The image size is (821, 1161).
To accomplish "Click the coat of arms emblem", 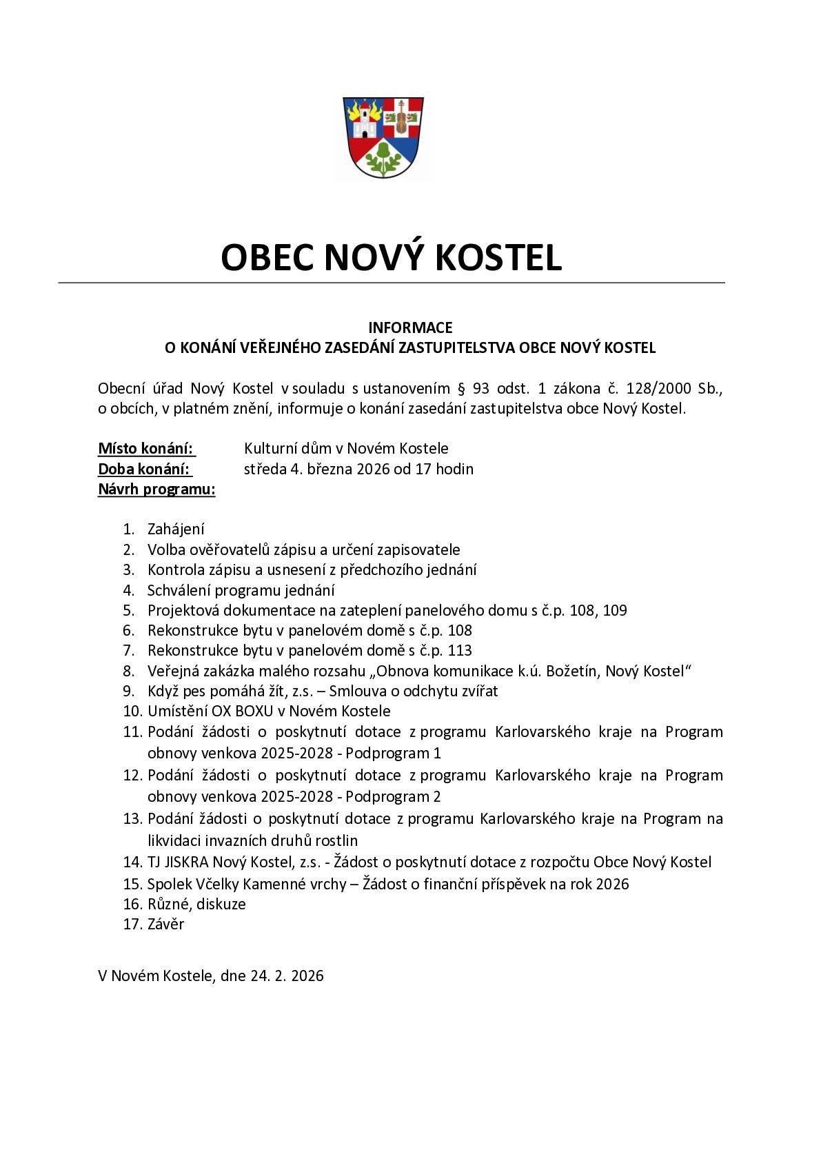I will coord(383,137).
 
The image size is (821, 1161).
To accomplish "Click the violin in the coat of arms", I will coord(400,118).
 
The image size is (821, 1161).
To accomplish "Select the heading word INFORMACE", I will coord(410,327).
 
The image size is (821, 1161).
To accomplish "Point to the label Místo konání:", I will coord(145,449).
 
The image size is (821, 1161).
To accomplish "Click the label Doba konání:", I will coord(144,470).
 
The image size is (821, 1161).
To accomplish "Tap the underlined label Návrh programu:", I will coord(156,489).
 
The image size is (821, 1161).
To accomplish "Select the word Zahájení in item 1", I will coord(176,529).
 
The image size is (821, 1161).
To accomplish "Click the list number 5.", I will coord(128,610).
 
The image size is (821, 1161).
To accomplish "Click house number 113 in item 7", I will coord(460,650).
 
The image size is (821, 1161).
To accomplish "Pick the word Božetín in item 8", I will coord(571,671).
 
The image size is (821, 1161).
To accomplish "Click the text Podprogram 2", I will coord(393,797).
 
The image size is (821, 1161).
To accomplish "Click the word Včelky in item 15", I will coord(233,884).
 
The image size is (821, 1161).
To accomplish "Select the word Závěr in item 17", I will coord(165,925).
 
